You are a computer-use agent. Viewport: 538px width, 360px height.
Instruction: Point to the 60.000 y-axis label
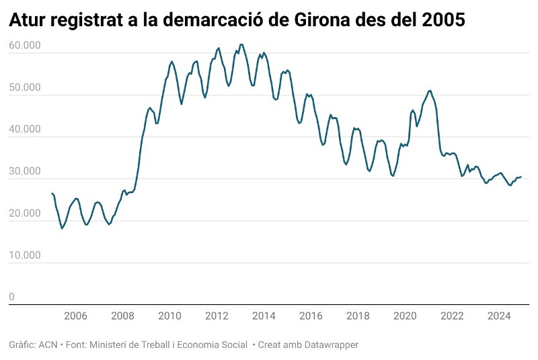25,46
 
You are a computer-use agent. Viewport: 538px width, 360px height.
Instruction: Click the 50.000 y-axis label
25,87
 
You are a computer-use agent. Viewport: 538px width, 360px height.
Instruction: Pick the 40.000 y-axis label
25,129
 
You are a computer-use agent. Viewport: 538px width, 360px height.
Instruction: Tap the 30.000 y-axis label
25,172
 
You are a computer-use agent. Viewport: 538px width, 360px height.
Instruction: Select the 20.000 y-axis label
25,213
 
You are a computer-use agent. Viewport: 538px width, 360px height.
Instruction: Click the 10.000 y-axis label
25,255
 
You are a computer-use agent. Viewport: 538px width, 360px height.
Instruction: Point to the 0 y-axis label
11,297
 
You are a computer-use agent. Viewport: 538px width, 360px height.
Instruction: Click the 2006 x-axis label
75,316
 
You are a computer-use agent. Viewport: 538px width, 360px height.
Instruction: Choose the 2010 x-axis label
169,316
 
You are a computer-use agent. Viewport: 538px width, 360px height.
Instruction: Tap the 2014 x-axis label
264,316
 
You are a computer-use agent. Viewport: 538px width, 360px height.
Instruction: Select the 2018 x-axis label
358,316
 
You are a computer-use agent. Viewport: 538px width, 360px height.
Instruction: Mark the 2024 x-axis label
499,316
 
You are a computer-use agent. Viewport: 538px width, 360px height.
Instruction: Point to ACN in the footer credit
48,345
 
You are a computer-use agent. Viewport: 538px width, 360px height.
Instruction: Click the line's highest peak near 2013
241,44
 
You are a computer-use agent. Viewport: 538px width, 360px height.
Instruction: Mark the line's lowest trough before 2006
62,229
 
